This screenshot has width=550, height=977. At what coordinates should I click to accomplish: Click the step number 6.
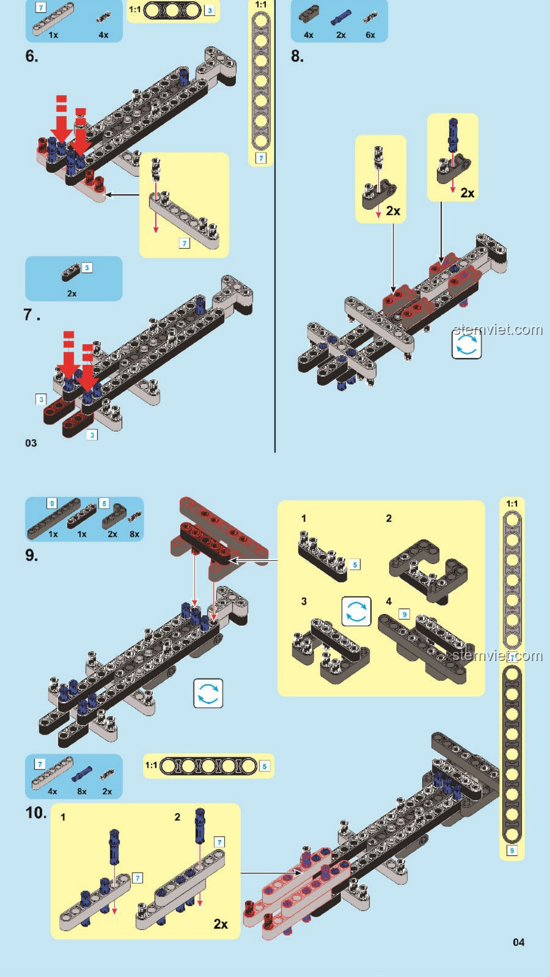[31, 56]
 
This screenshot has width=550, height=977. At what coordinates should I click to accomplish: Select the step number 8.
[297, 56]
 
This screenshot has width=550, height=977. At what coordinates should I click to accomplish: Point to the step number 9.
[31, 555]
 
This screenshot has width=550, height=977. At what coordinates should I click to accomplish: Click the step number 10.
[36, 813]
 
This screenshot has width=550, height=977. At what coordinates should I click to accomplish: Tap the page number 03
[31, 443]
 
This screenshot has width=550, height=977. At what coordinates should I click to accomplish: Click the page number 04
[518, 942]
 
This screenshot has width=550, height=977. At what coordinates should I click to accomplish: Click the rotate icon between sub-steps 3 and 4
[356, 611]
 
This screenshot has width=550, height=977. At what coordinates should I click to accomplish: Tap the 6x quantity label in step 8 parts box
[370, 35]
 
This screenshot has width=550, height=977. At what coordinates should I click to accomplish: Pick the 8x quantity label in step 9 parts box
[134, 534]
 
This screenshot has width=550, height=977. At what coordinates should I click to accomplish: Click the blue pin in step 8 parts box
[341, 18]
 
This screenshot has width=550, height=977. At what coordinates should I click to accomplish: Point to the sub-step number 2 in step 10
[177, 817]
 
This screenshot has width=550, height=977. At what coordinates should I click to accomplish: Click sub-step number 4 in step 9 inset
[389, 601]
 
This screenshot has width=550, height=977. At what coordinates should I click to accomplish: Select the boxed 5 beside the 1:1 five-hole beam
[264, 766]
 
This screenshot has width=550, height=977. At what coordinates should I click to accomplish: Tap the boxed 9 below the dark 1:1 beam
[512, 850]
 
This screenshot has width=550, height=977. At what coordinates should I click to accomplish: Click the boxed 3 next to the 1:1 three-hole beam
[209, 11]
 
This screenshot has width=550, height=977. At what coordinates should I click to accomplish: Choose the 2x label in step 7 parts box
[72, 294]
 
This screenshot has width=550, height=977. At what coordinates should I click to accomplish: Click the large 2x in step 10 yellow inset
[221, 924]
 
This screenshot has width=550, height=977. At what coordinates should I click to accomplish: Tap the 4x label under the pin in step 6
[103, 35]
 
